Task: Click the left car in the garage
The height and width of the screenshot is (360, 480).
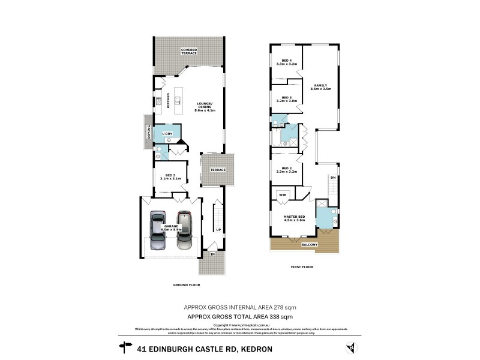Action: (x=158, y=231)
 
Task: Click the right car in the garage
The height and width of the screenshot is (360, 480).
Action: (x=185, y=231)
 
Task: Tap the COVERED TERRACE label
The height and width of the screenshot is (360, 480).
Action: (x=190, y=52)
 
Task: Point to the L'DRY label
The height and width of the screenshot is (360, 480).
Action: (x=167, y=133)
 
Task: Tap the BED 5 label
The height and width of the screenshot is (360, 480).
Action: (x=170, y=175)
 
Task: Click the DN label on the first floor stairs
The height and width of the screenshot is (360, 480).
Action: (x=332, y=178)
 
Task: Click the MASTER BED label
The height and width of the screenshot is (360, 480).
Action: (x=295, y=217)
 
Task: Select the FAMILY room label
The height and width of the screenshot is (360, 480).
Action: (x=321, y=85)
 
